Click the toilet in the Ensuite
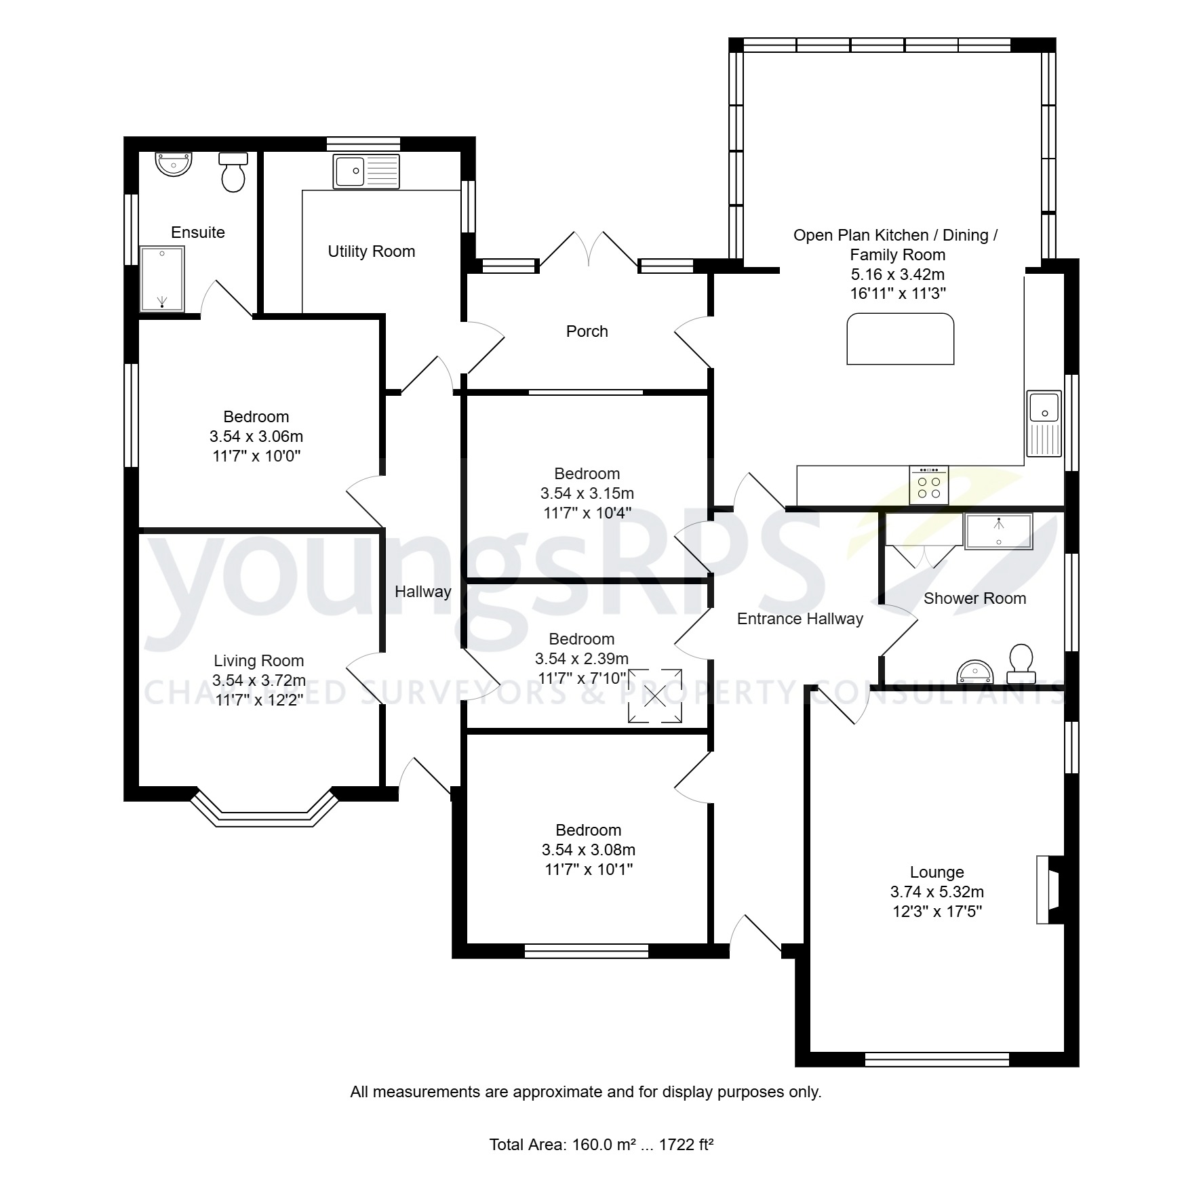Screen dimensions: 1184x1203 [233, 173]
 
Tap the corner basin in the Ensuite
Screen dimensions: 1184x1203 [174, 163]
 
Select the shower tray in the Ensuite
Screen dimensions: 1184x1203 [162, 279]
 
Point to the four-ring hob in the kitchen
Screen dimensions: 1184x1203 [928, 485]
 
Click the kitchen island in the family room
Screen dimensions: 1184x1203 [900, 339]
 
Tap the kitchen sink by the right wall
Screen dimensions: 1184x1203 [1044, 424]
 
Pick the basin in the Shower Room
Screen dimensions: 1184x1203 [974, 672]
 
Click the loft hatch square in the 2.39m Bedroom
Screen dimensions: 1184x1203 [655, 695]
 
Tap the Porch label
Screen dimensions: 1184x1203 [587, 331]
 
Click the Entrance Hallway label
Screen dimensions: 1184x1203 [800, 619]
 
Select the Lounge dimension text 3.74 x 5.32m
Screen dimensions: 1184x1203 [936, 892]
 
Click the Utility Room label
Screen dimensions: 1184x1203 [371, 251]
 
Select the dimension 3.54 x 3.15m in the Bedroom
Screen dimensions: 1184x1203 [587, 493]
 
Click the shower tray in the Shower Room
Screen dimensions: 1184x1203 [998, 531]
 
